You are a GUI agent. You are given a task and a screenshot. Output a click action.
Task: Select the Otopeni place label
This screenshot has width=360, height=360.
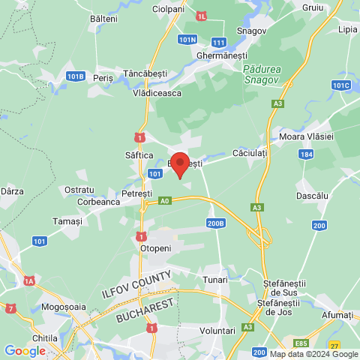pos(156,247)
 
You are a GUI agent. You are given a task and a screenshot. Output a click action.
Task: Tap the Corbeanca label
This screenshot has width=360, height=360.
pos(98,202)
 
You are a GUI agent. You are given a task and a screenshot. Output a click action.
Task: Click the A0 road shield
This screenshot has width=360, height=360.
pos(165,200)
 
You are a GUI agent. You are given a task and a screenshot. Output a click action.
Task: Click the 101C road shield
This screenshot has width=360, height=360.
pos(342,85)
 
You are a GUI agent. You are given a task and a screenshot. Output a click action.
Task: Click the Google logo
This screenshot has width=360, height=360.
pos(25,351)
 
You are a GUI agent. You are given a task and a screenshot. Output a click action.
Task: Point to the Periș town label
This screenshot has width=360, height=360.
pos(103,77)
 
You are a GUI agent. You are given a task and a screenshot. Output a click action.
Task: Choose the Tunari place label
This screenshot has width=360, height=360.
pos(214,279)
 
